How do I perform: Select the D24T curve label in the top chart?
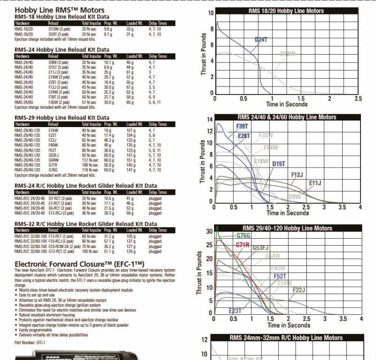point(261,40)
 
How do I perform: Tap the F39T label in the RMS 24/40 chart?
point(242,127)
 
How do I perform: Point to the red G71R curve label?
point(243,245)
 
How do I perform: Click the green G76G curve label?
point(243,235)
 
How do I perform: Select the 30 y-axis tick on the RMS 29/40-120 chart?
point(209,231)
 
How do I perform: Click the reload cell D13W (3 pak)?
point(59,29)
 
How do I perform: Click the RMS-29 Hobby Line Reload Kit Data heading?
point(62,117)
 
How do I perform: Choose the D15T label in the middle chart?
point(279,164)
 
